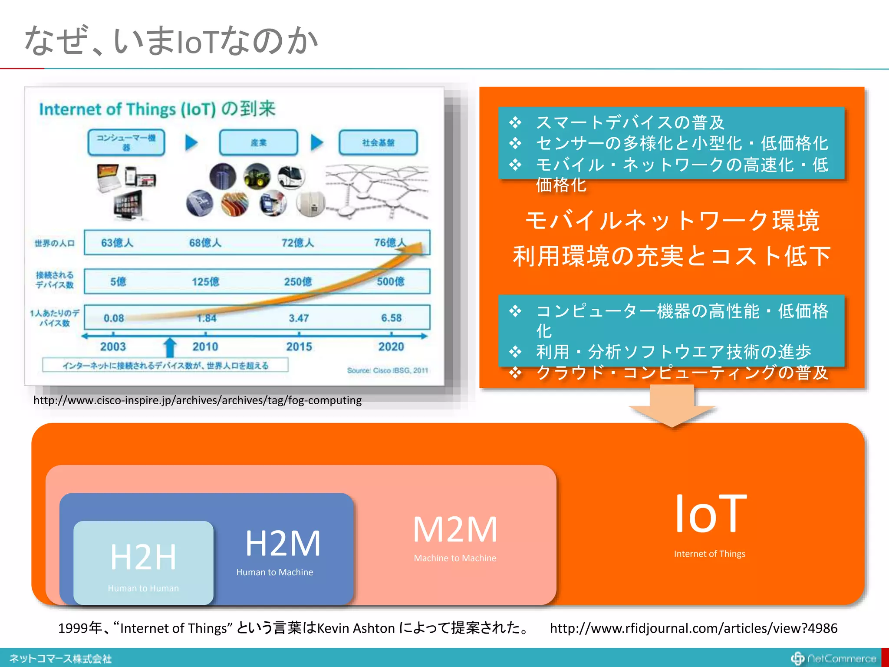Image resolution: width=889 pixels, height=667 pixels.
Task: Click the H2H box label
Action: pyautogui.click(x=143, y=557)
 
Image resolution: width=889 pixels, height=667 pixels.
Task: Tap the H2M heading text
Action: pyautogui.click(x=283, y=543)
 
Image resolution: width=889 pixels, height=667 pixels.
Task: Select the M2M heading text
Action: pyautogui.click(x=455, y=529)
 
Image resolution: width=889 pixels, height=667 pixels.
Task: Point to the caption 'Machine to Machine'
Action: pyautogui.click(x=455, y=558)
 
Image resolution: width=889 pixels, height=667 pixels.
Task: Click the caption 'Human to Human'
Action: pyautogui.click(x=143, y=588)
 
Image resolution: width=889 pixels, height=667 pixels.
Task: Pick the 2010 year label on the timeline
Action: pyautogui.click(x=205, y=347)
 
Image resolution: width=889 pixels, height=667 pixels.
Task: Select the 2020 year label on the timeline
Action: pyautogui.click(x=391, y=347)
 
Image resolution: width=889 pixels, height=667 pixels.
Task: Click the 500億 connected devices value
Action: pyautogui.click(x=390, y=282)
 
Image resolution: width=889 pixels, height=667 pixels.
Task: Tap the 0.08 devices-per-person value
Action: pyautogui.click(x=114, y=318)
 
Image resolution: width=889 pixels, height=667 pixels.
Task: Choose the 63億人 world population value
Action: pyautogui.click(x=117, y=243)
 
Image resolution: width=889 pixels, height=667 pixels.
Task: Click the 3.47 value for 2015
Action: pyautogui.click(x=299, y=318)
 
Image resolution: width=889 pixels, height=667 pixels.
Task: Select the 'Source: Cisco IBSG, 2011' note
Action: pyautogui.click(x=387, y=370)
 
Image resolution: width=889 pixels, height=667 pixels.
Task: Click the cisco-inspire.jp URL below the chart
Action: pyautogui.click(x=198, y=400)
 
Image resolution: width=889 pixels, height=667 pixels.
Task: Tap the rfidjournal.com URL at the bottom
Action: pyautogui.click(x=693, y=628)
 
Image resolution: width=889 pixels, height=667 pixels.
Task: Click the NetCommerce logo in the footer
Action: pyautogui.click(x=834, y=659)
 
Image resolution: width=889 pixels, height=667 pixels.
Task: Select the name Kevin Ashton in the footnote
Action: pyautogui.click(x=356, y=628)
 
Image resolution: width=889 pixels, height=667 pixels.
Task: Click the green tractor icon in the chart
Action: pyautogui.click(x=257, y=176)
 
